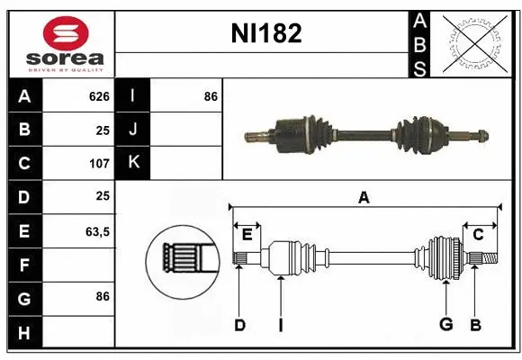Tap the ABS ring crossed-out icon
click(x=473, y=42)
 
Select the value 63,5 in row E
click(x=97, y=231)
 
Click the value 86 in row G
click(x=102, y=296)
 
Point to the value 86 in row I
click(x=211, y=96)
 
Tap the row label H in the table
click(x=23, y=334)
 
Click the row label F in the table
click(x=23, y=265)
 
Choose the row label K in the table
click(x=133, y=163)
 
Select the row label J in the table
click(x=133, y=130)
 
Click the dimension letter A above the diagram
click(x=364, y=197)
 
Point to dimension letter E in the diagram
click(x=247, y=235)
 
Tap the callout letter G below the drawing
click(x=445, y=325)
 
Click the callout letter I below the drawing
click(x=280, y=325)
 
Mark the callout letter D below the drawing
click(x=239, y=325)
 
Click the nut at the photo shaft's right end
click(x=481, y=137)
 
